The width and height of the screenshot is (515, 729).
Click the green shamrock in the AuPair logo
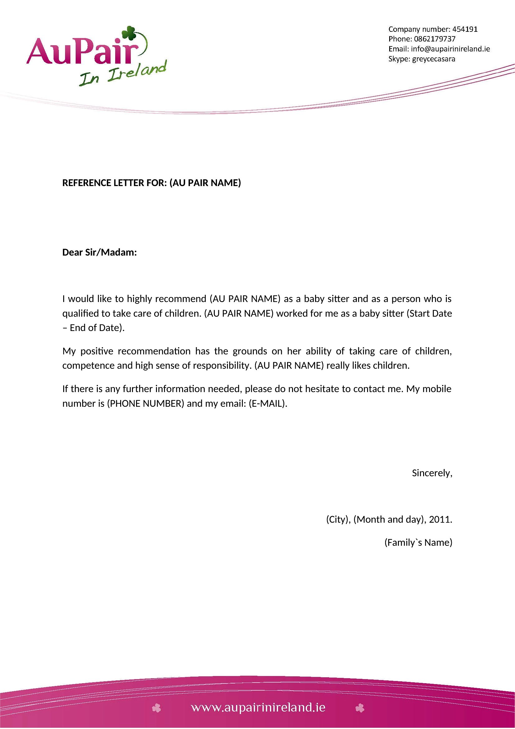click(x=129, y=33)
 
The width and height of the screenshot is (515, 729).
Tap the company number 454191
click(x=465, y=29)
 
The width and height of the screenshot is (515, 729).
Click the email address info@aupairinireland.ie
click(x=450, y=49)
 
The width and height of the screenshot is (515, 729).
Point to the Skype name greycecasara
click(x=433, y=59)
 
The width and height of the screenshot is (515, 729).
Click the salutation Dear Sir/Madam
click(x=99, y=252)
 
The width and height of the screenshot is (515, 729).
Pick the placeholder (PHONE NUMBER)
click(x=145, y=404)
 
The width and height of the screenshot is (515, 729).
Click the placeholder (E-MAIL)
click(x=268, y=404)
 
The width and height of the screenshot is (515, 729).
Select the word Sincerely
click(x=432, y=473)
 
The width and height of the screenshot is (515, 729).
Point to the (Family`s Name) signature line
click(x=418, y=543)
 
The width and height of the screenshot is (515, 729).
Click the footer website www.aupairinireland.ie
click(x=258, y=707)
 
